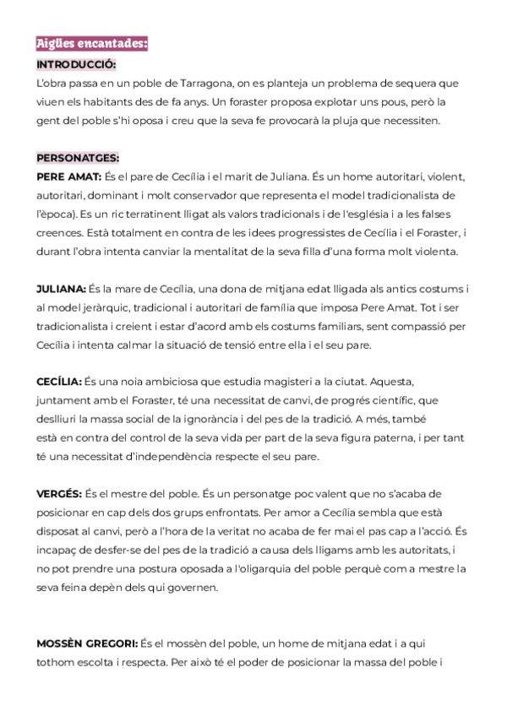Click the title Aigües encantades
(x=91, y=44)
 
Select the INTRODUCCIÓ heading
(x=76, y=64)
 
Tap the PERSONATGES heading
(x=78, y=157)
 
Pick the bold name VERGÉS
(x=59, y=493)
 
